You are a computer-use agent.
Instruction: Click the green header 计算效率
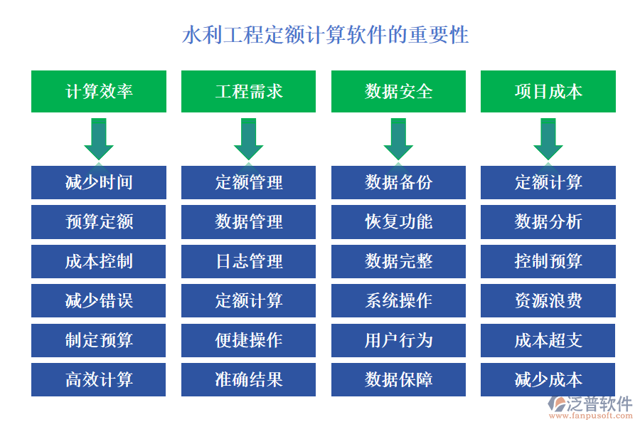(99, 91)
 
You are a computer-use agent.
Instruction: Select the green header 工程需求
(249, 91)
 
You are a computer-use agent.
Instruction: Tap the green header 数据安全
(398, 91)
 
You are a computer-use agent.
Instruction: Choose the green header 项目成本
(548, 91)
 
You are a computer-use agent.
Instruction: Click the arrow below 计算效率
(99, 139)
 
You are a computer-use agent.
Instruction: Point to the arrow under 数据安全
(398, 139)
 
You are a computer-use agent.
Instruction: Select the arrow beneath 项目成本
(548, 139)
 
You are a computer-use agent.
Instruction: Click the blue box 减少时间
(99, 182)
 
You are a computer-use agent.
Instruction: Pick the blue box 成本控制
(99, 261)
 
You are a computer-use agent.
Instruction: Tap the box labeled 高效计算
(99, 379)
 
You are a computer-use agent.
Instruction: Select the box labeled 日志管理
(249, 261)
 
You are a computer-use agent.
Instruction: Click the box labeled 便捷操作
(249, 340)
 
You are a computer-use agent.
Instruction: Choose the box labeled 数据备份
(398, 182)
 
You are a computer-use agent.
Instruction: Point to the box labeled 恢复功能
(398, 222)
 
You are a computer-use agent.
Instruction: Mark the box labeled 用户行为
(398, 340)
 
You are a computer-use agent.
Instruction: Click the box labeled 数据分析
(548, 222)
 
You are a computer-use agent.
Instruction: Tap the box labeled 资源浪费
(548, 300)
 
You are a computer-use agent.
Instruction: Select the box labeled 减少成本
(548, 379)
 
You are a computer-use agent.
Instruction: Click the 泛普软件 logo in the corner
(590, 406)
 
